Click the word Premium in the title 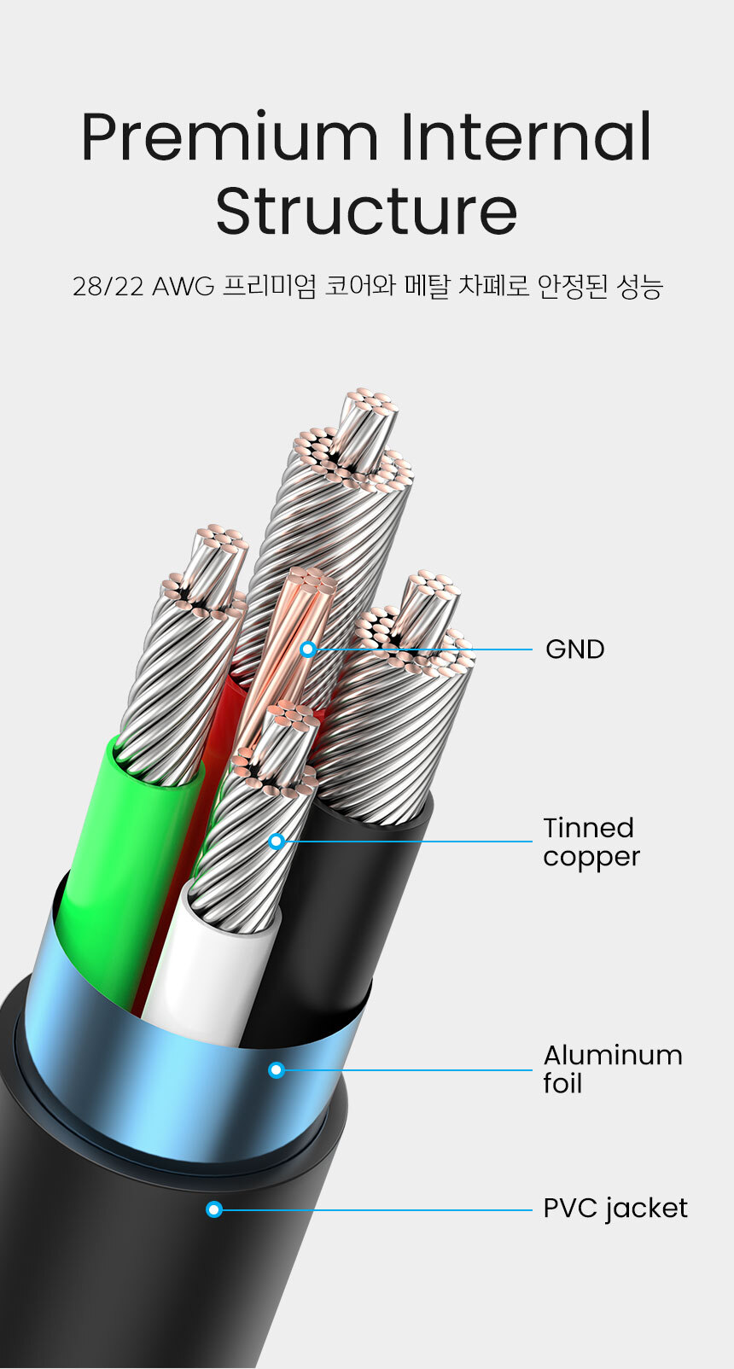pos(229,138)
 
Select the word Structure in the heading pos(366,211)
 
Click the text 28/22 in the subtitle pos(108,288)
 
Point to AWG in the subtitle pos(183,288)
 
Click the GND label pos(574,650)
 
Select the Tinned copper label pos(590,842)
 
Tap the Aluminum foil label pos(612,1069)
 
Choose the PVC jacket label pos(615,1209)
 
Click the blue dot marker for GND pos(309,650)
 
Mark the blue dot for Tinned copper pos(277,842)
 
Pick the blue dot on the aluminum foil pos(277,1069)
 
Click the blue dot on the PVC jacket pos(214,1209)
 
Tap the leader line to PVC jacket pos(376,1209)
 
